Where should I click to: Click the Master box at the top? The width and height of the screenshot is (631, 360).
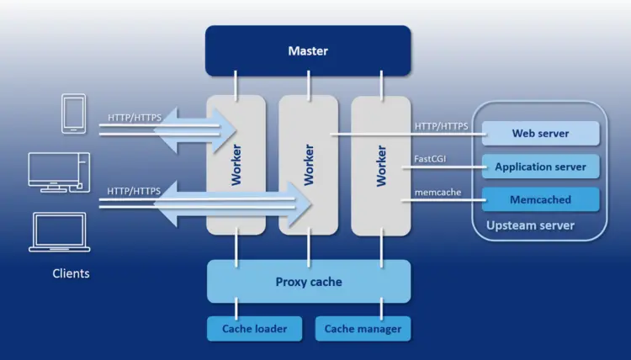[308, 50]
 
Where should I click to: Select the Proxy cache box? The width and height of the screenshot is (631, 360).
[308, 281]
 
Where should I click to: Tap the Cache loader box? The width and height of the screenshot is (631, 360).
[254, 329]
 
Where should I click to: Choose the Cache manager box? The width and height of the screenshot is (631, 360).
[363, 329]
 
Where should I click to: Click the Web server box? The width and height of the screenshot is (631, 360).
[540, 133]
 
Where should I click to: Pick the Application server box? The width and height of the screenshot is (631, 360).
[540, 167]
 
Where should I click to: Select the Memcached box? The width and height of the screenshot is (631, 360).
[540, 199]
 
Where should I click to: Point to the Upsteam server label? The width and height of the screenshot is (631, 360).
[530, 225]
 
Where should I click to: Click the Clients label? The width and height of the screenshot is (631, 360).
[71, 273]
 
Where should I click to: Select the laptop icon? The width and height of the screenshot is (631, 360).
[59, 231]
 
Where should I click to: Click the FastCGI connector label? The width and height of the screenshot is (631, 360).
[429, 158]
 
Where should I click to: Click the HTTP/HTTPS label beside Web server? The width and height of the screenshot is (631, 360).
[441, 126]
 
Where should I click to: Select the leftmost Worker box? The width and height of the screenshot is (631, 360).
[236, 164]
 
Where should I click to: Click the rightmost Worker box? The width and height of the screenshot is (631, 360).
[380, 164]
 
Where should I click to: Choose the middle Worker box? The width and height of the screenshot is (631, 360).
[308, 164]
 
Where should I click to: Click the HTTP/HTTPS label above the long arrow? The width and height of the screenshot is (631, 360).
[134, 191]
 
